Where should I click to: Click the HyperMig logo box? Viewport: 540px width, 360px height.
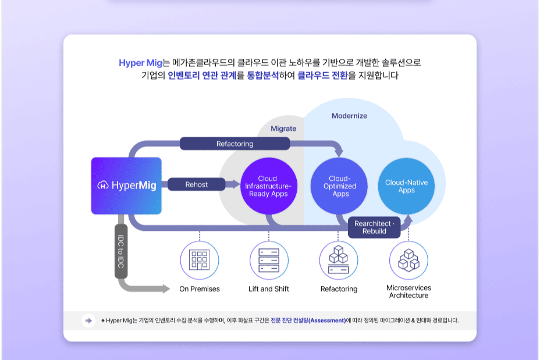pos(127,186)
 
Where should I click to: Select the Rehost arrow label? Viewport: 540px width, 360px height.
pos(197,184)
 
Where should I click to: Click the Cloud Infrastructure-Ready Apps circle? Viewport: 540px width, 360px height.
pos(268,186)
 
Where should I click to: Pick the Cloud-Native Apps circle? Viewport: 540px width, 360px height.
pos(407,186)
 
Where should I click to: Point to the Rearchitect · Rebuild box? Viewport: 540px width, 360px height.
pos(374,227)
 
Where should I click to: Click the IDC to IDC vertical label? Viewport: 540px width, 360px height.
pos(121,251)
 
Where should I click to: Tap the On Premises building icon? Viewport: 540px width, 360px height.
pos(200,260)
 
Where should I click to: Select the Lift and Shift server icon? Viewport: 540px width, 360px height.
pos(269,260)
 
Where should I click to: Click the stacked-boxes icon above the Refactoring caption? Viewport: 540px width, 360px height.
pos(339,260)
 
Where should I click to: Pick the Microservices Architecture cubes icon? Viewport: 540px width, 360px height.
pos(408,260)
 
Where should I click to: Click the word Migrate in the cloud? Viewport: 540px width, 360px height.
pos(283,128)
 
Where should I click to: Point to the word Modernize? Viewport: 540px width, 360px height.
pos(349,116)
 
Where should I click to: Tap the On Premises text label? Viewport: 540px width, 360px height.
pos(200,289)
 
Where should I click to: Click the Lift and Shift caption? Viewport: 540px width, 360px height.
pos(269,289)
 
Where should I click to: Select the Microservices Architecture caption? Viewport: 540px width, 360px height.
pos(408,291)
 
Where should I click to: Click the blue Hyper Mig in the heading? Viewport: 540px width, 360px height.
pos(140,63)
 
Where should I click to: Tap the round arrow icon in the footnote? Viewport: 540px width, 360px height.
pos(88,320)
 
